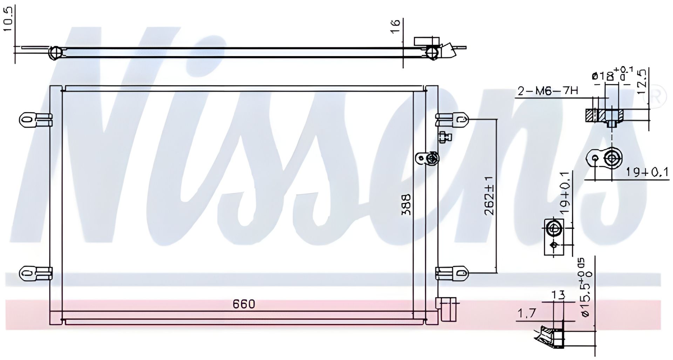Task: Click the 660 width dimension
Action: (x=244, y=304)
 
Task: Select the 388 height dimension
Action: (x=407, y=205)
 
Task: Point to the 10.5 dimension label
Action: (x=8, y=20)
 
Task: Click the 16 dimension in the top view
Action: (x=395, y=26)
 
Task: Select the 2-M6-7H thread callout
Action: (x=548, y=91)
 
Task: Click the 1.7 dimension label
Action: (x=526, y=313)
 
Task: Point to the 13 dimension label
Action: (x=558, y=296)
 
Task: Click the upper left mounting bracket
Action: (x=35, y=120)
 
